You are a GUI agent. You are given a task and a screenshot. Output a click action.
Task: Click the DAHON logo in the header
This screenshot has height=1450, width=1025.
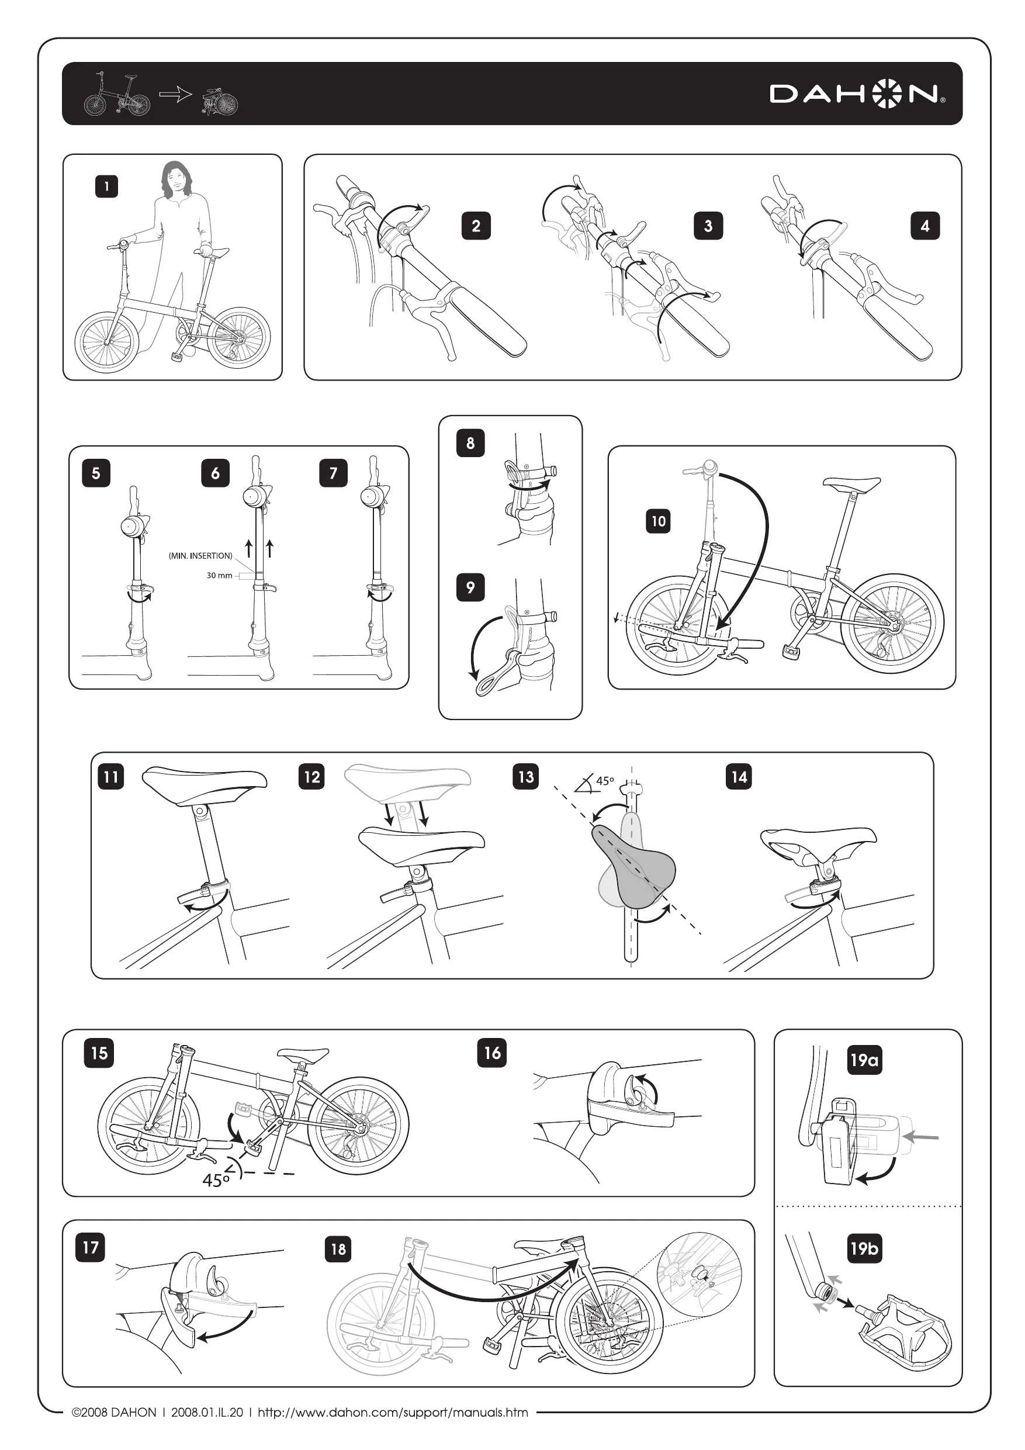coord(858,95)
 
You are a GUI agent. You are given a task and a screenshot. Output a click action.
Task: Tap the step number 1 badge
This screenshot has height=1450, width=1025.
coord(107,186)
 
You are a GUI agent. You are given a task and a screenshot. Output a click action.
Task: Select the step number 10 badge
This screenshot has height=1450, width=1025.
coord(659,521)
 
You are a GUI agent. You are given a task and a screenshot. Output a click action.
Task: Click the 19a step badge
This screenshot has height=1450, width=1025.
coord(864,1060)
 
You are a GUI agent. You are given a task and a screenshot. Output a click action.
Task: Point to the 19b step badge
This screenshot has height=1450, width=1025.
coord(864,1248)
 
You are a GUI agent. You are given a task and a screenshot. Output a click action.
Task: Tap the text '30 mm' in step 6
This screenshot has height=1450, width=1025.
coord(219,575)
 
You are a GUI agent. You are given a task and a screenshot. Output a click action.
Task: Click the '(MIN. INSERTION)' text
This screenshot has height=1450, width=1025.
coord(201,556)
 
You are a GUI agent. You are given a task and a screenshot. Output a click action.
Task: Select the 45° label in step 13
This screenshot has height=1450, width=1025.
coord(604,781)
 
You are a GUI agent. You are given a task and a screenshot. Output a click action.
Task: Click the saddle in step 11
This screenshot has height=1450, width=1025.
coord(204,785)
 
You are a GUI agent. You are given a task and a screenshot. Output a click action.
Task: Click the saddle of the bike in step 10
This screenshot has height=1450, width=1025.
coord(851,485)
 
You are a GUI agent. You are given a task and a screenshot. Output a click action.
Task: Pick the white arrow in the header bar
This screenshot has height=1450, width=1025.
coord(175,95)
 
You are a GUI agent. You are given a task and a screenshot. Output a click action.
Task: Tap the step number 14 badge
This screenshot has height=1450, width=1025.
coord(739,777)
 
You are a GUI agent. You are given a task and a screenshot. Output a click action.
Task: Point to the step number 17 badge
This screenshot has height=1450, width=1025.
coord(91,1247)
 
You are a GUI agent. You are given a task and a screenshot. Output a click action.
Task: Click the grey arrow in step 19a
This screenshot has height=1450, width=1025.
coord(921,1137)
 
